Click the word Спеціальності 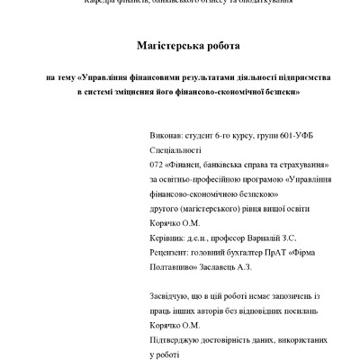pos(177,150)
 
